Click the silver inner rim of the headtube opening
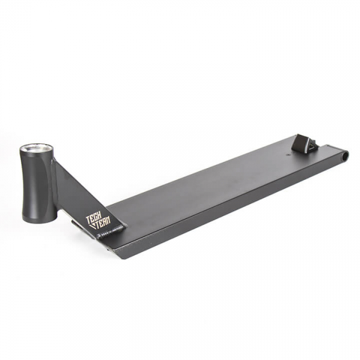click(37, 148)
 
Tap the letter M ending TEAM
click(108, 220)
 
